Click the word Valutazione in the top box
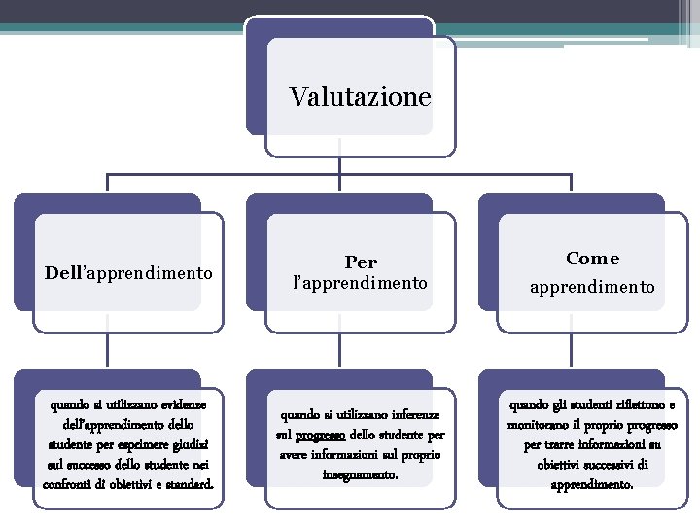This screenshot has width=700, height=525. pos(360,97)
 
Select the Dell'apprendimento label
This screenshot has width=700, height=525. pos(128,273)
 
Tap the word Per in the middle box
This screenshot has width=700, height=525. pos(361,262)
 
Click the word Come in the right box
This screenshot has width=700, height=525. pos(592,259)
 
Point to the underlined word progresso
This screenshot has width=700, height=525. pos(323,436)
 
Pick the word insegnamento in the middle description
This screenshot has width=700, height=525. pos(360,474)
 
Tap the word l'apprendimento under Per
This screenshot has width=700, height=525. pos(360,283)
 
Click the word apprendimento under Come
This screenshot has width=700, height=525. pos(592,288)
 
